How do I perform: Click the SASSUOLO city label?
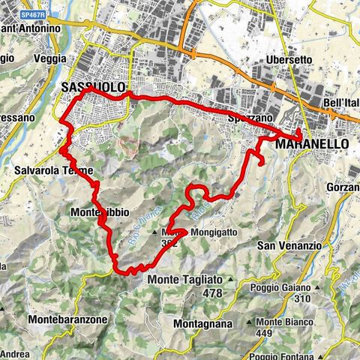tap(92, 88)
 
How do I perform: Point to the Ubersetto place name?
tap(289, 60)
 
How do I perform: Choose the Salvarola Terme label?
tap(46, 170)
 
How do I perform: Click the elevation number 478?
tap(212, 293)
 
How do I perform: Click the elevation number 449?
tap(262, 334)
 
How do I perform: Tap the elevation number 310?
tap(303, 298)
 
